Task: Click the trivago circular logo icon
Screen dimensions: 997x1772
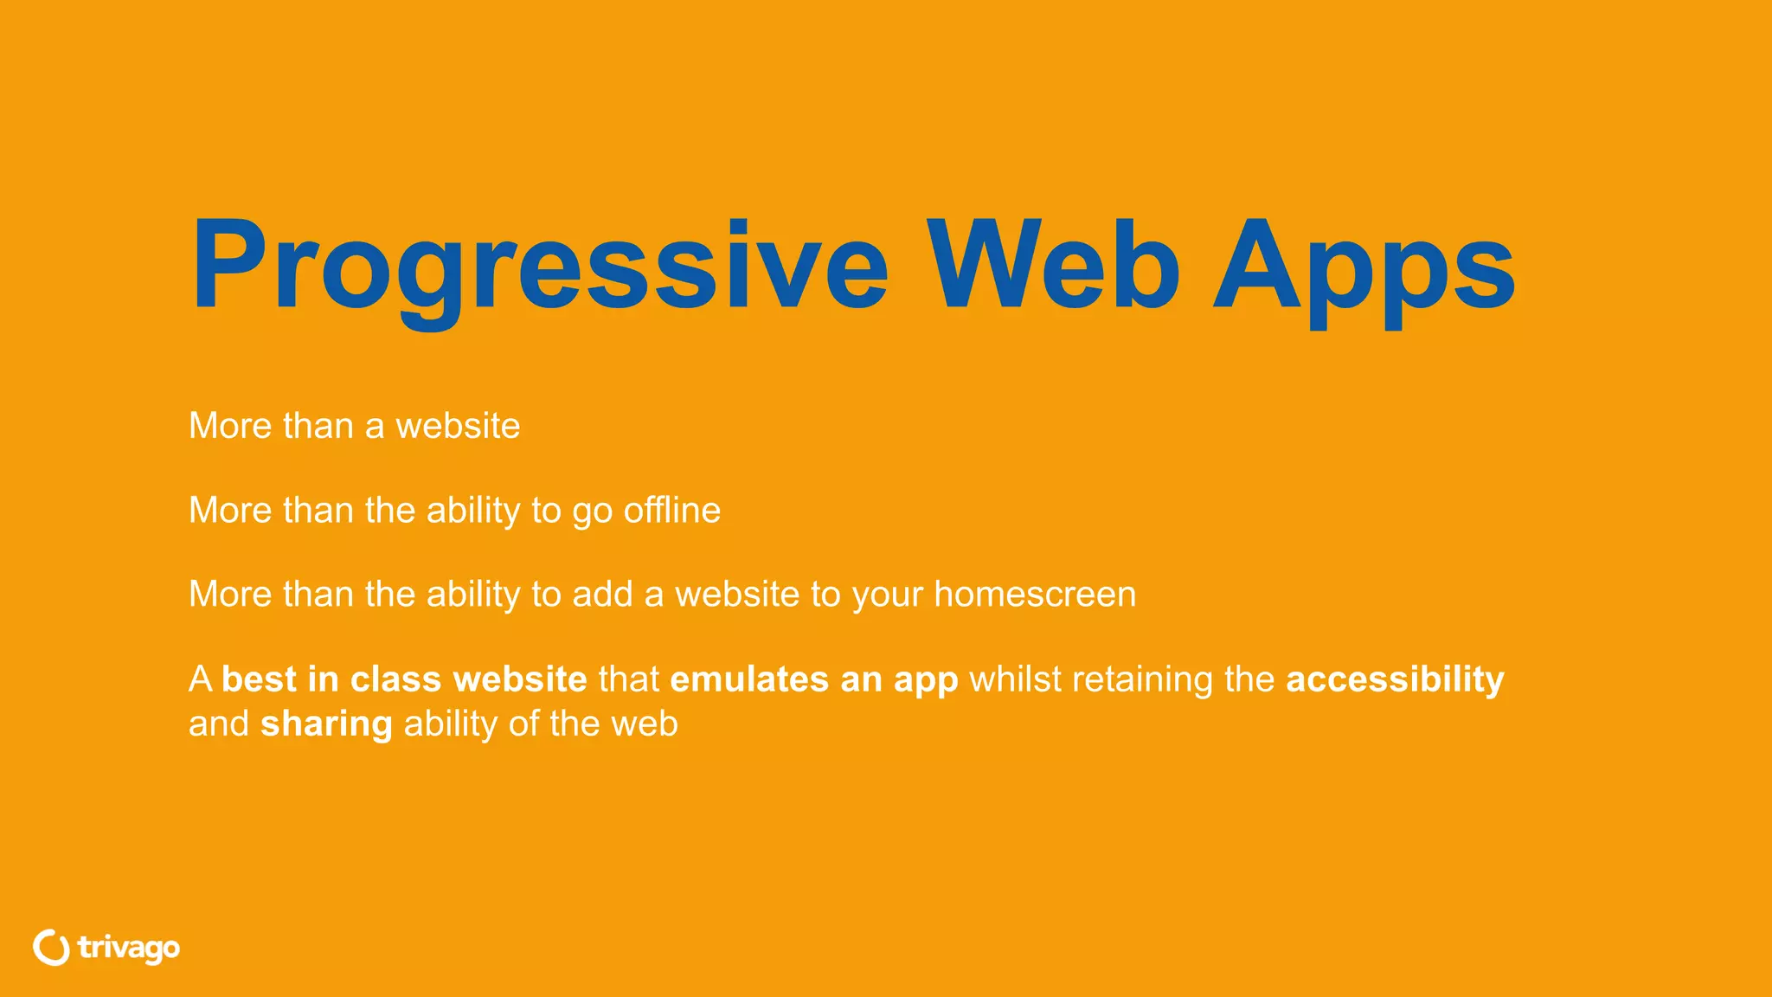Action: [52, 948]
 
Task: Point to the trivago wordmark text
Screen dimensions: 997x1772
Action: [128, 949]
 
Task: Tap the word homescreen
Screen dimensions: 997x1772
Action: [1035, 595]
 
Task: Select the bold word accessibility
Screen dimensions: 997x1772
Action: [1395, 679]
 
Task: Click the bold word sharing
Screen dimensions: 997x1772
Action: [326, 724]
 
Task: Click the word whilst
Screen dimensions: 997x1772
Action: [1015, 679]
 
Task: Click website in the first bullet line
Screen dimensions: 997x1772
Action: [458, 426]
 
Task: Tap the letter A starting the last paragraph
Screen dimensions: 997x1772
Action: [200, 679]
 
